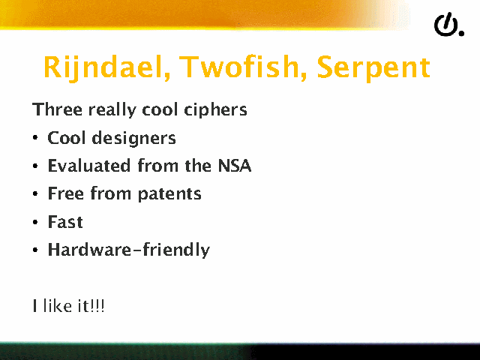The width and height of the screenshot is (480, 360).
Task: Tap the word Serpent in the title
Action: (x=373, y=69)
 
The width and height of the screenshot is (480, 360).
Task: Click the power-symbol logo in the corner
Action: (x=448, y=25)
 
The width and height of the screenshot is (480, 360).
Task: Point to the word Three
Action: (x=57, y=109)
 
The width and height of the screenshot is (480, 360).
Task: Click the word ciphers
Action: (x=215, y=110)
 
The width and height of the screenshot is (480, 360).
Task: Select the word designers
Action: (x=133, y=139)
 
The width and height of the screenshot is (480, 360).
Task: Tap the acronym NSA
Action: (x=235, y=166)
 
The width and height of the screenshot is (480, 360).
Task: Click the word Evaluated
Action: (x=89, y=166)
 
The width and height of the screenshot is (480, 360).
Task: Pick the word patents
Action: (x=169, y=194)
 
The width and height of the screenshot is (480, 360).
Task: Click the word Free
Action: (x=66, y=193)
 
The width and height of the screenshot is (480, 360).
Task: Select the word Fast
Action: (x=65, y=222)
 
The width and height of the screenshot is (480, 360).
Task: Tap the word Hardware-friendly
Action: (x=129, y=250)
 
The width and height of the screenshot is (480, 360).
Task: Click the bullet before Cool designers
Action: (x=35, y=138)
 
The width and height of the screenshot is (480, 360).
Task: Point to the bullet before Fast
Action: (x=35, y=222)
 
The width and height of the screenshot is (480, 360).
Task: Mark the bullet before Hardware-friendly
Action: (x=35, y=250)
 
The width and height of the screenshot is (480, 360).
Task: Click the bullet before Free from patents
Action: (x=35, y=193)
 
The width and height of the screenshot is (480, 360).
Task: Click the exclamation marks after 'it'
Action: (x=98, y=306)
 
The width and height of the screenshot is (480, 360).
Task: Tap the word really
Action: (x=112, y=110)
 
